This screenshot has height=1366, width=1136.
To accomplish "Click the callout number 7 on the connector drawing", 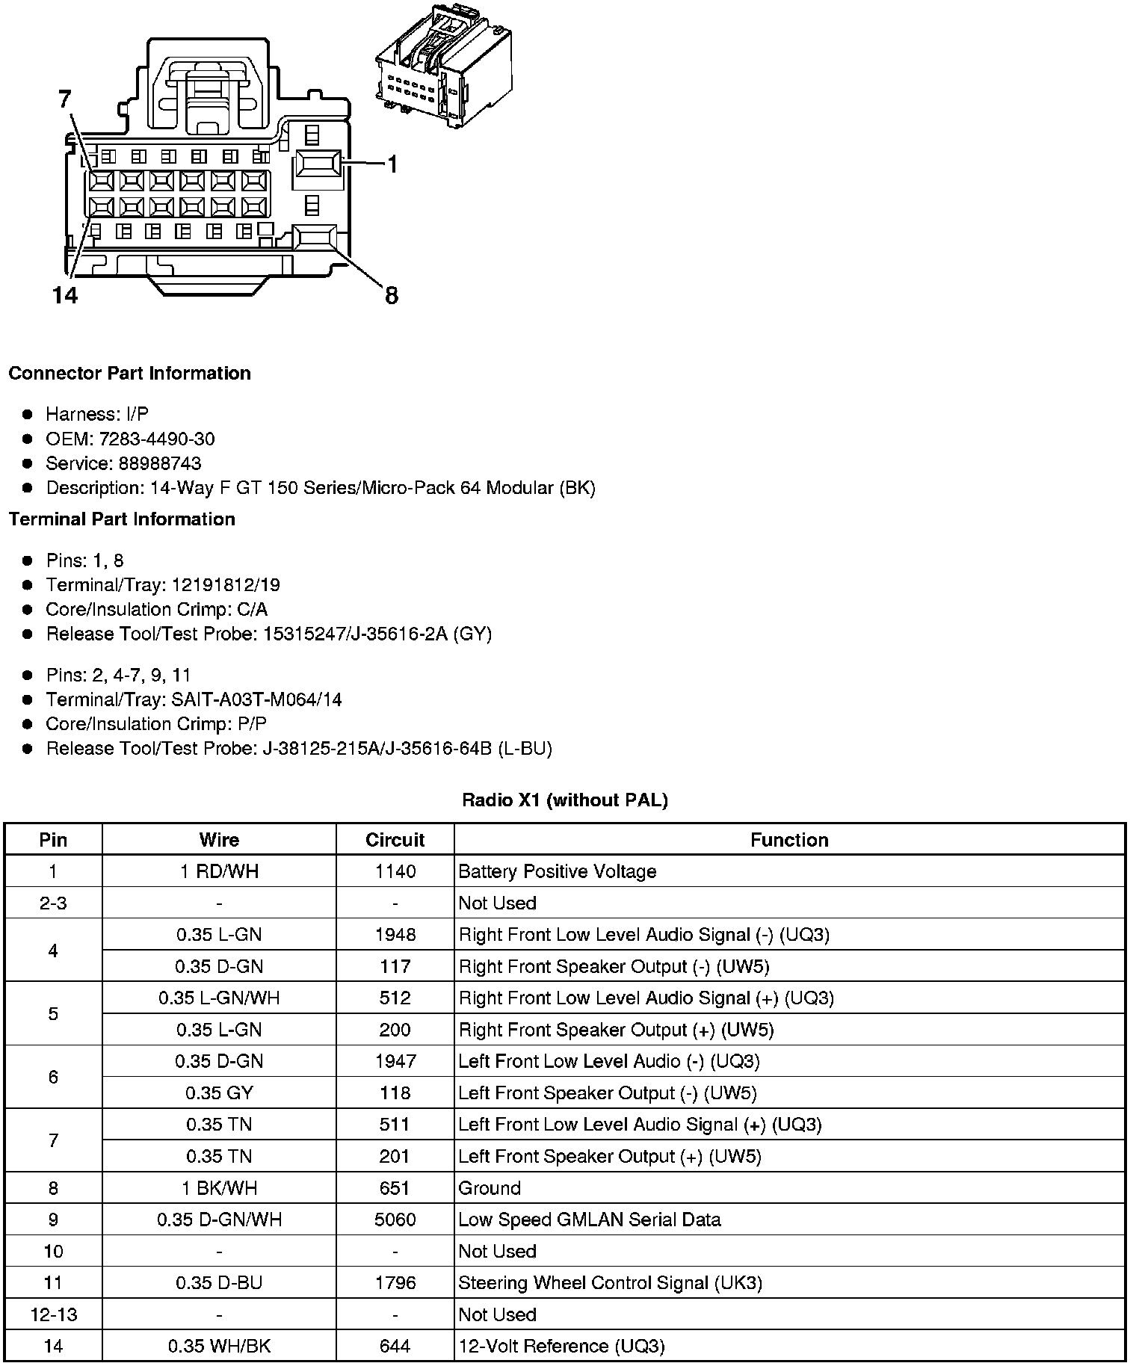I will click(64, 100).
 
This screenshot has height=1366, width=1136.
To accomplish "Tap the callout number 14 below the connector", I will click(65, 296).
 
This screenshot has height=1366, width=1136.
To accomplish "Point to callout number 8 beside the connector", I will click(392, 296).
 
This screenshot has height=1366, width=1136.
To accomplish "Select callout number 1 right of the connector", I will click(392, 164).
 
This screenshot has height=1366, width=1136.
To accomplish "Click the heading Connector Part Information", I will click(129, 374).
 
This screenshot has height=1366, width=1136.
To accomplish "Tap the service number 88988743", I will click(160, 463).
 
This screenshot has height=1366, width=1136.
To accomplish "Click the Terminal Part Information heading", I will click(122, 519).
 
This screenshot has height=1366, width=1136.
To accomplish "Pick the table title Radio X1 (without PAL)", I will click(565, 800).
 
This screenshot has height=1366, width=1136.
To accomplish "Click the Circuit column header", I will click(395, 840).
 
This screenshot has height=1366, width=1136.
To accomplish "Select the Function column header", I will click(789, 840).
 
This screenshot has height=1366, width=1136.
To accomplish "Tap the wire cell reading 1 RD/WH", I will click(219, 871).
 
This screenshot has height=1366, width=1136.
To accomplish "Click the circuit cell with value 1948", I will click(395, 935).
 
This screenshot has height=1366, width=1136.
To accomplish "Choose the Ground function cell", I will click(490, 1188).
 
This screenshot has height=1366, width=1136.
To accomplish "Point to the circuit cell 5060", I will click(395, 1220).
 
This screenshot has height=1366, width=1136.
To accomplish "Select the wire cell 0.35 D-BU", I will click(219, 1283).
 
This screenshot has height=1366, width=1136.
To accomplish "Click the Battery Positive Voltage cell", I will click(557, 871).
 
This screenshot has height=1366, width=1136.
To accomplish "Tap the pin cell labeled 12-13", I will click(53, 1314).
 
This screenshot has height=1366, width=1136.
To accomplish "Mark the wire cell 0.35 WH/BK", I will click(219, 1346).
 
